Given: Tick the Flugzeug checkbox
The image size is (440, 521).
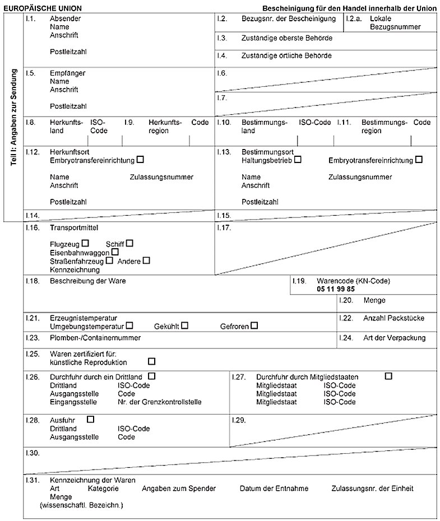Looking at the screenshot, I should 86,243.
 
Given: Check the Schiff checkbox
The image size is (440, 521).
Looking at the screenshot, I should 129,243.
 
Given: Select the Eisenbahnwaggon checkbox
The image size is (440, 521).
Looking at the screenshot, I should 115,252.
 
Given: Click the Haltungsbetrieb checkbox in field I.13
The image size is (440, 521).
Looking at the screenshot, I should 298,160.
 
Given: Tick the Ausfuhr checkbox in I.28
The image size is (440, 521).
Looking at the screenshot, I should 91,418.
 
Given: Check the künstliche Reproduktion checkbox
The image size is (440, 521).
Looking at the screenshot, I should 151,361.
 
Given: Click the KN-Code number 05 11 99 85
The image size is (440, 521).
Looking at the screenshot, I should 336,289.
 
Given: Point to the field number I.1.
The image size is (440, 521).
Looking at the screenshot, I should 31,18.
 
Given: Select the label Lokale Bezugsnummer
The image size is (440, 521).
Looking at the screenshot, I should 395,22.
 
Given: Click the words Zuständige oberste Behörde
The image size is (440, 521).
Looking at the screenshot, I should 286,39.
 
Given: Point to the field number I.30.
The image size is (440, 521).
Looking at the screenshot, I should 32,452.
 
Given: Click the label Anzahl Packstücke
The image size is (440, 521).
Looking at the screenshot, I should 393,318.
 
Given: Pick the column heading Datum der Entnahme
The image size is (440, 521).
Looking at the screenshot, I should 274,489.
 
